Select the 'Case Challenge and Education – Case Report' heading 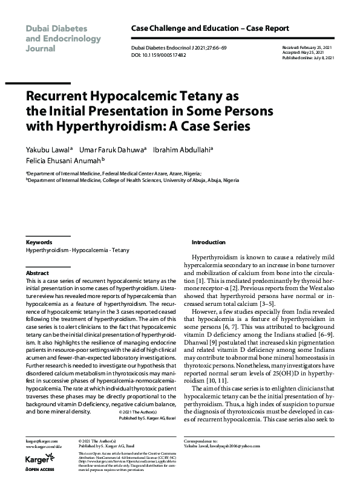(x=210, y=28)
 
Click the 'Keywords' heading (x=39, y=242)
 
